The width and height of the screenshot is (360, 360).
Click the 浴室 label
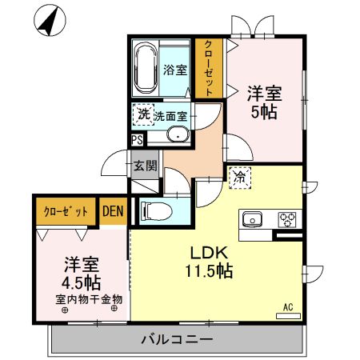point(176,70)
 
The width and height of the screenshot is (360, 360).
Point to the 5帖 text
point(264,112)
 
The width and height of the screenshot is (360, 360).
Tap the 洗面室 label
point(170,116)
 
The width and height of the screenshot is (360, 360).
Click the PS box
point(138,139)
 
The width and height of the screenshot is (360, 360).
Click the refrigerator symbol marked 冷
point(239,178)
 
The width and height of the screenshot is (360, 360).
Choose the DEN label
point(113,211)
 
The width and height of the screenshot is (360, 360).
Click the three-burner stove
point(287,218)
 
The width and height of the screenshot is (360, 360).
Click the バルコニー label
point(177,339)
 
